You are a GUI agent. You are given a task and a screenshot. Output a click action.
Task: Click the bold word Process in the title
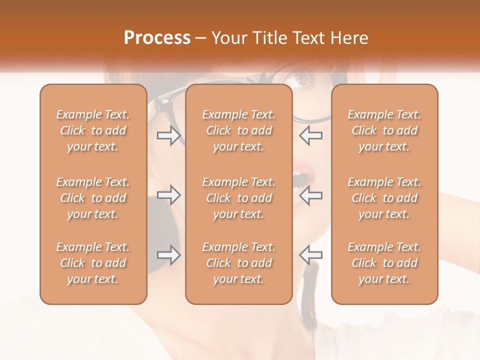pyautogui.click(x=157, y=38)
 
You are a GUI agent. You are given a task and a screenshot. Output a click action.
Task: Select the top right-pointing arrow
pyautogui.click(x=168, y=135)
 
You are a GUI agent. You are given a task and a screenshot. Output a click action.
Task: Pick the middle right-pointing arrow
pyautogui.click(x=168, y=195)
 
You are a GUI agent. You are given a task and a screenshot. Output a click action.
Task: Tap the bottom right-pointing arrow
pyautogui.click(x=168, y=255)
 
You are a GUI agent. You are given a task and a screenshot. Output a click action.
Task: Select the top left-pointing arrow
pyautogui.click(x=310, y=135)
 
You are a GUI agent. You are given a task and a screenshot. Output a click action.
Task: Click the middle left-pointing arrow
pyautogui.click(x=310, y=195)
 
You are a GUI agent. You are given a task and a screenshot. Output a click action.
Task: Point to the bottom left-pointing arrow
pyautogui.click(x=310, y=255)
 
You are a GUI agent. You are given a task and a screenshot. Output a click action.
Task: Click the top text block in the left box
pyautogui.click(x=93, y=130)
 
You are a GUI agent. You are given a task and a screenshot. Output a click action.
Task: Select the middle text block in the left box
pyautogui.click(x=93, y=198)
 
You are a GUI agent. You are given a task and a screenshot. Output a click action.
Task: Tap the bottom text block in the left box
pyautogui.click(x=93, y=263)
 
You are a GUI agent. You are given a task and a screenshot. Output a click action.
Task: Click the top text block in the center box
pyautogui.click(x=238, y=130)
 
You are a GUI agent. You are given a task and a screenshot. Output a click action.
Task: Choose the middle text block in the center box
pyautogui.click(x=238, y=198)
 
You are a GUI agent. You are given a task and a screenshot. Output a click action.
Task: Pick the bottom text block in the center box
pyautogui.click(x=238, y=263)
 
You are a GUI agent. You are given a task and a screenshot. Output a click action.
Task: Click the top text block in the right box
pyautogui.click(x=384, y=130)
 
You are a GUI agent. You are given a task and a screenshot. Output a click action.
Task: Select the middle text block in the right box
pyautogui.click(x=384, y=198)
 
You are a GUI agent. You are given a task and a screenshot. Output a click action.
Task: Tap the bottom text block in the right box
pyautogui.click(x=384, y=263)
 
